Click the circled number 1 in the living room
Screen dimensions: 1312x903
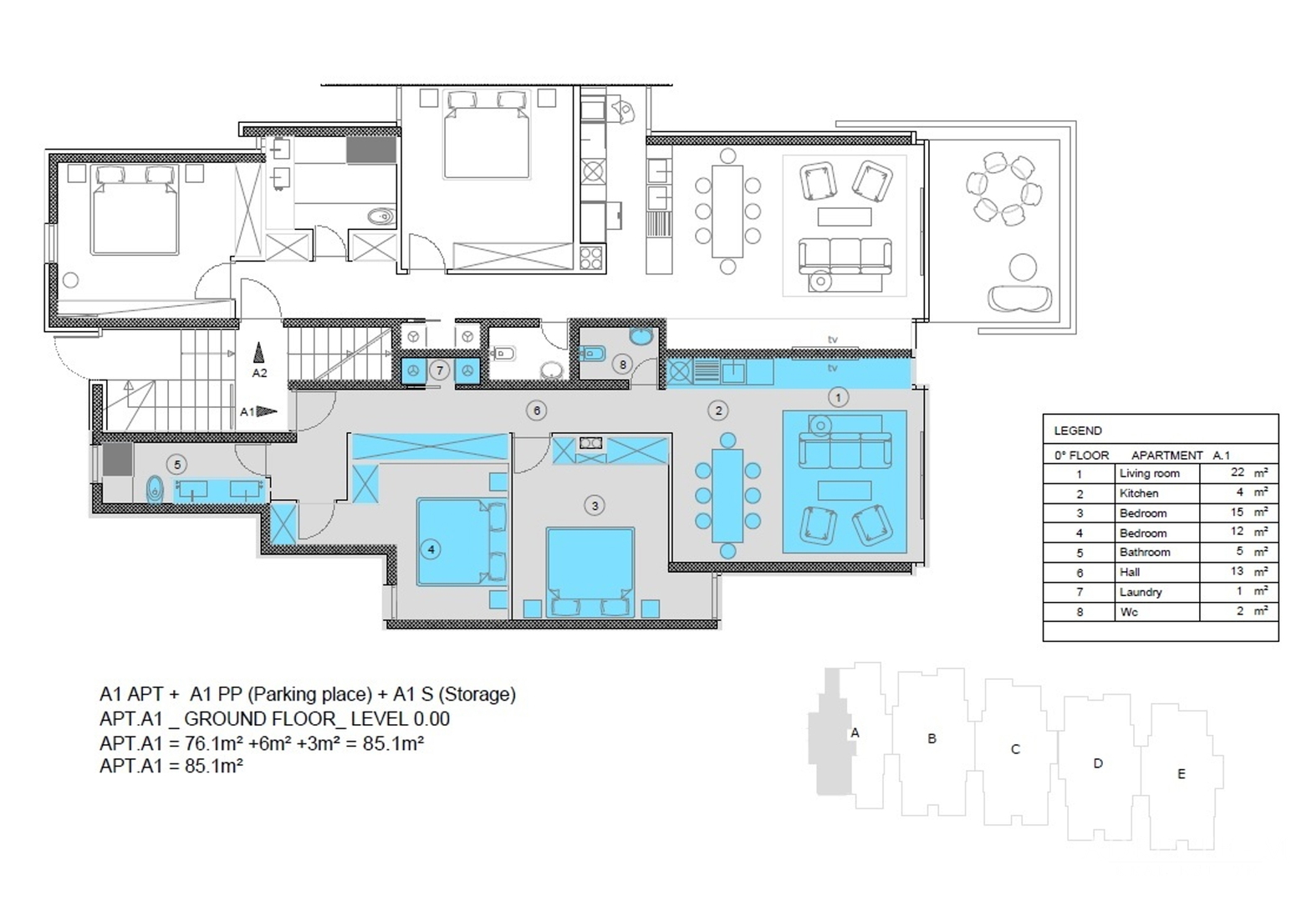pyautogui.click(x=838, y=398)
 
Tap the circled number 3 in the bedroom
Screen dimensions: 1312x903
pyautogui.click(x=595, y=505)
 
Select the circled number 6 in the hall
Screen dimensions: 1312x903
pyautogui.click(x=537, y=411)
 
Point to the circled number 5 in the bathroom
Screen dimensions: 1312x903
pyautogui.click(x=177, y=465)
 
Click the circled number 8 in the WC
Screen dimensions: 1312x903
pyautogui.click(x=622, y=365)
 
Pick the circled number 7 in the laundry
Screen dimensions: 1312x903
pyautogui.click(x=439, y=370)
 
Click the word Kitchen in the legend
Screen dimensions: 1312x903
pyautogui.click(x=1139, y=493)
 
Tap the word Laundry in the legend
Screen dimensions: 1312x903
pyautogui.click(x=1141, y=592)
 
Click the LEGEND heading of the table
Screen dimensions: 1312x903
pyautogui.click(x=1078, y=431)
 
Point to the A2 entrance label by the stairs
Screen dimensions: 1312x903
pyautogui.click(x=259, y=373)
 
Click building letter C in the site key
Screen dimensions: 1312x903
pyautogui.click(x=1015, y=749)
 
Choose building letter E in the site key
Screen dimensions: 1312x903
pyautogui.click(x=1182, y=773)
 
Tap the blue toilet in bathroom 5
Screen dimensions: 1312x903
pyautogui.click(x=154, y=488)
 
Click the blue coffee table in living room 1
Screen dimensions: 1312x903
pyautogui.click(x=844, y=490)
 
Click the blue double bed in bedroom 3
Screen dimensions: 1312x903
pyautogui.click(x=590, y=572)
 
